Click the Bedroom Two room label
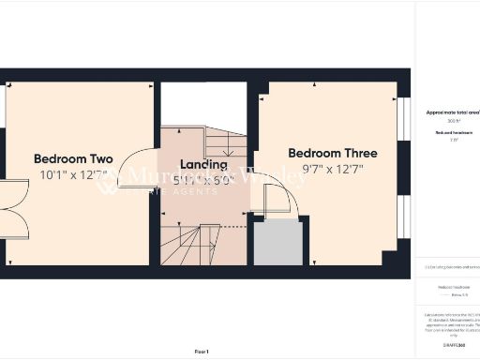tap(73, 157)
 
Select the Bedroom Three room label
tap(333, 153)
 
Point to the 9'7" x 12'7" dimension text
tap(333, 170)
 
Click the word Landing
tap(203, 164)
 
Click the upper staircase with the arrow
tap(225, 145)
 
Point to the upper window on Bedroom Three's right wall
tap(403, 121)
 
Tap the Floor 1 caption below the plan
tap(202, 351)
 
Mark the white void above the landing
tap(203, 105)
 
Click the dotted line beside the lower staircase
tap(235, 225)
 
